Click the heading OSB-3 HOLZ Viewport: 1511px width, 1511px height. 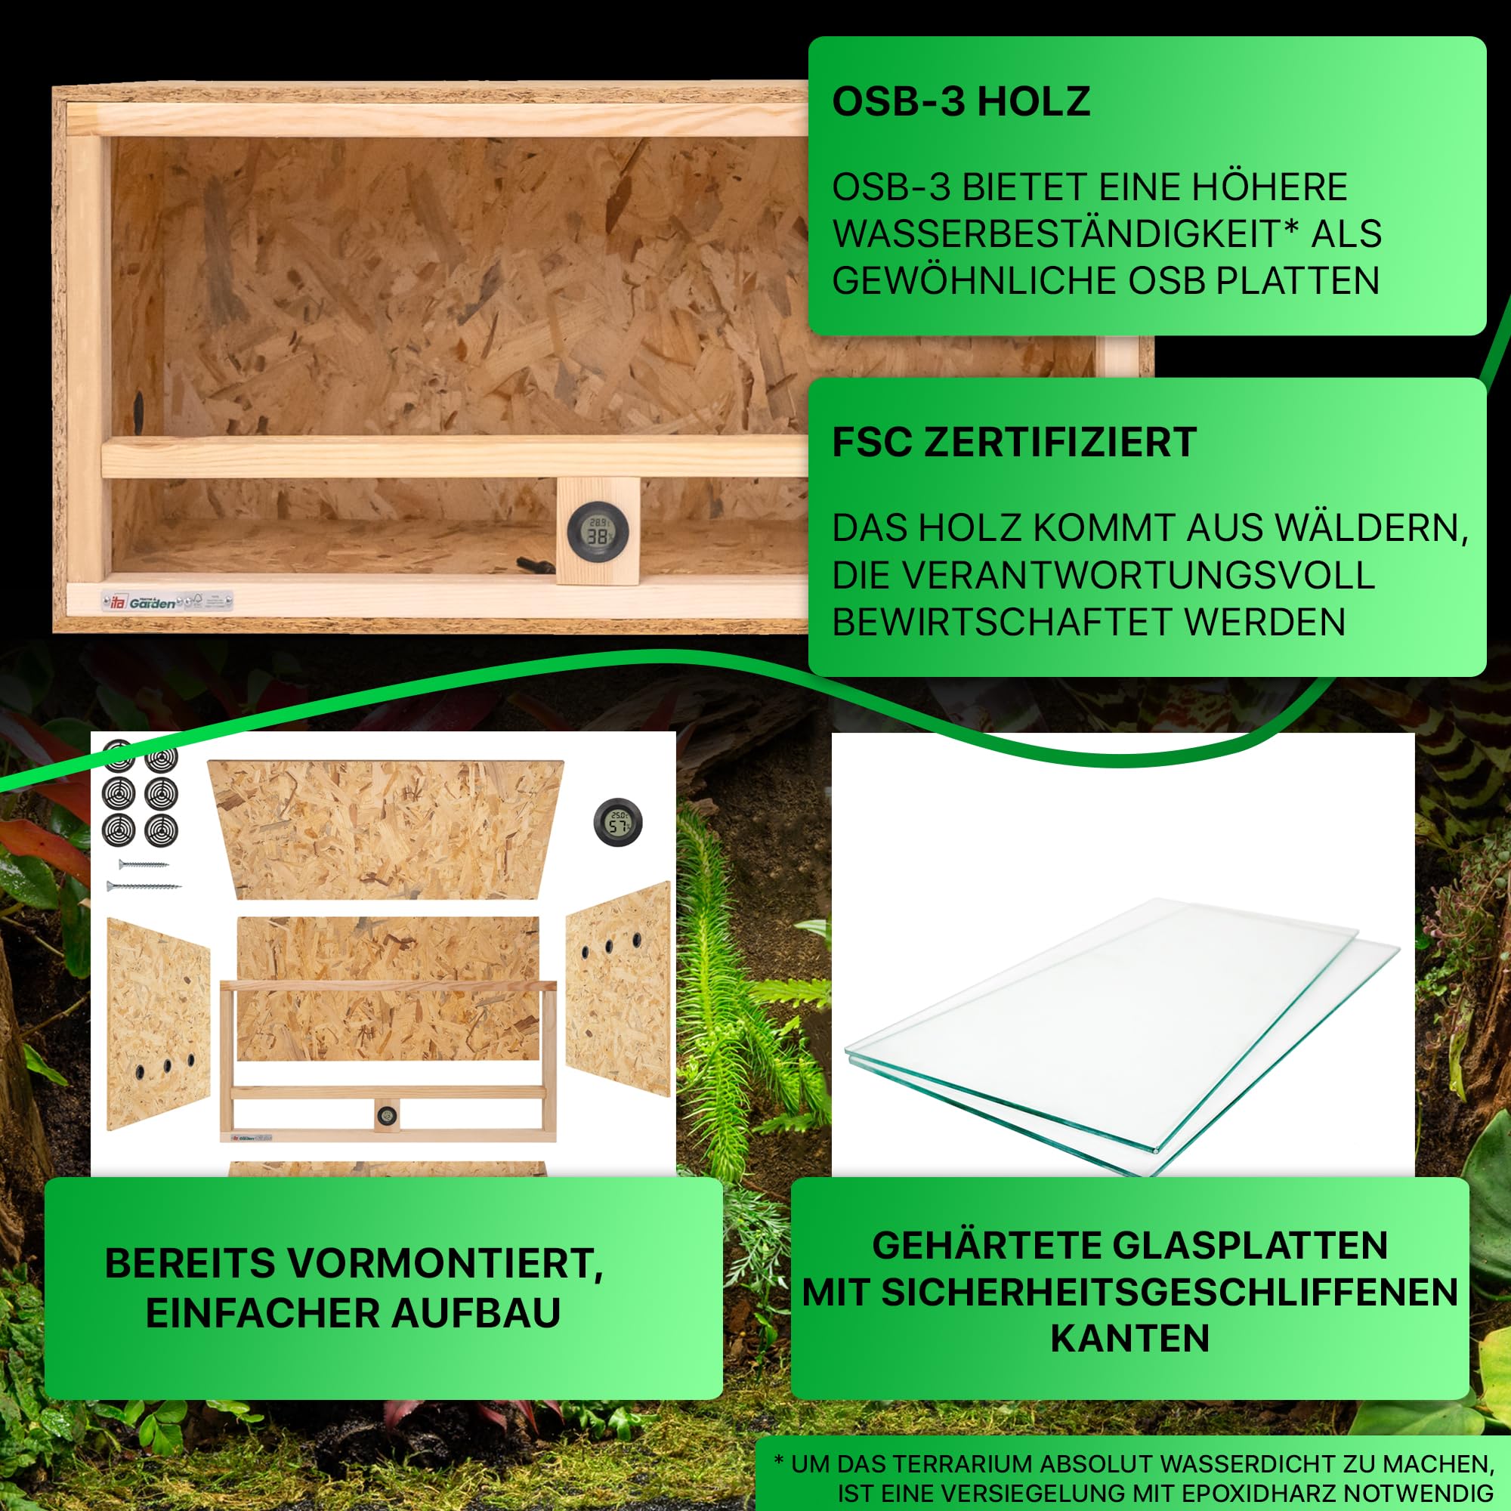point(960,102)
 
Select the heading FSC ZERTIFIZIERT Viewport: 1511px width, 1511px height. point(1014,443)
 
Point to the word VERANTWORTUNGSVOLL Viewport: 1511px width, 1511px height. point(1103,576)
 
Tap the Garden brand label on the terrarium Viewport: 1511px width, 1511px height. point(153,602)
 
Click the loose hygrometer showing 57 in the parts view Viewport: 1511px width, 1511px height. point(618,823)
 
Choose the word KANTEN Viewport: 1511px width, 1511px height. point(1129,1338)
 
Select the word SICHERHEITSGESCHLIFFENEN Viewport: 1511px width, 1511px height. point(1169,1292)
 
